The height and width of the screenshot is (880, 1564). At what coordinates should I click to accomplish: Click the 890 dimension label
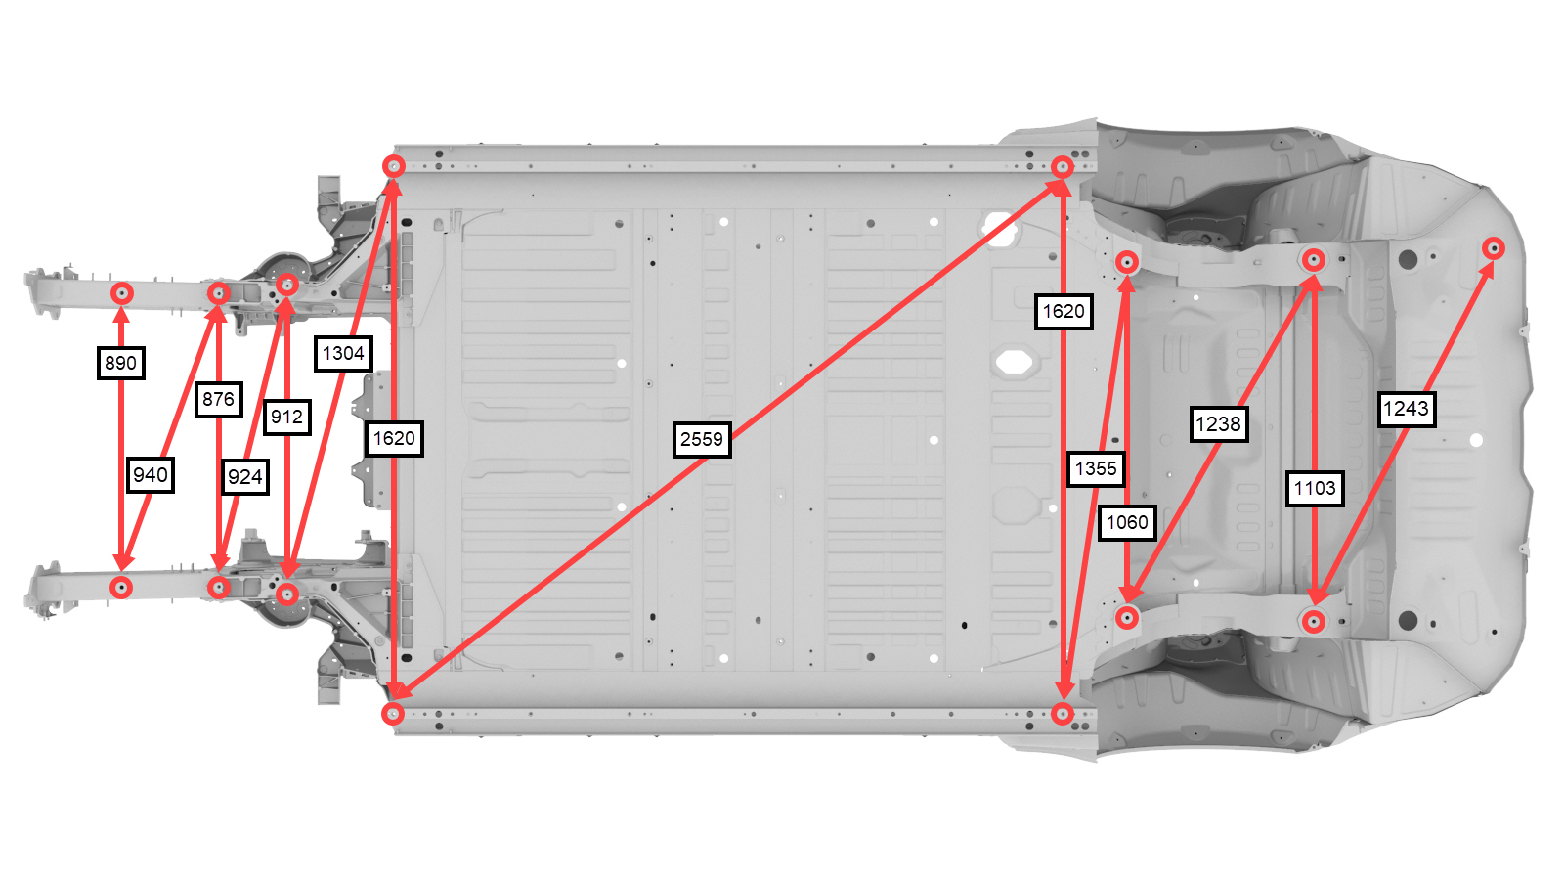pyautogui.click(x=121, y=363)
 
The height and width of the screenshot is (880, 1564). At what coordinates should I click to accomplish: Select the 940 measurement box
pyautogui.click(x=151, y=475)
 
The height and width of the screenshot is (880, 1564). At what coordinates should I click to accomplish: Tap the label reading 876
pyautogui.click(x=219, y=400)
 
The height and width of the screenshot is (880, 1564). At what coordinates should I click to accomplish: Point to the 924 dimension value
pyautogui.click(x=245, y=477)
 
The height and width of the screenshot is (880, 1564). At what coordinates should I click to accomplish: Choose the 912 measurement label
pyautogui.click(x=287, y=417)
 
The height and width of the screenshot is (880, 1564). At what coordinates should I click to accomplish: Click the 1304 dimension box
pyautogui.click(x=343, y=353)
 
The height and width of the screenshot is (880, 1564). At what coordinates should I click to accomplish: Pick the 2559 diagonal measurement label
pyautogui.click(x=702, y=439)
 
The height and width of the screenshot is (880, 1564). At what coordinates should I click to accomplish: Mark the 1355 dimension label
pyautogui.click(x=1096, y=468)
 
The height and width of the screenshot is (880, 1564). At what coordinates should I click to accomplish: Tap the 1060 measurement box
pyautogui.click(x=1127, y=522)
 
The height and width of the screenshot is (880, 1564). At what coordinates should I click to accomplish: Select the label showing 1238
pyautogui.click(x=1218, y=424)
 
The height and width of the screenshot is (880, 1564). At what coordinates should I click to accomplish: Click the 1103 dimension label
pyautogui.click(x=1315, y=488)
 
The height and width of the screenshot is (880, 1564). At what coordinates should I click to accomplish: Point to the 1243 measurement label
pyautogui.click(x=1407, y=409)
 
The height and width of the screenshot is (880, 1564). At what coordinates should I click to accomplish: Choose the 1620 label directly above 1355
pyautogui.click(x=1064, y=312)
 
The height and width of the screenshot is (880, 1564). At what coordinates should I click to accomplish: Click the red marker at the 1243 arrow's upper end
pyautogui.click(x=1494, y=248)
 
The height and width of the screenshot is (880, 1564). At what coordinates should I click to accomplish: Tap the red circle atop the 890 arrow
pyautogui.click(x=122, y=293)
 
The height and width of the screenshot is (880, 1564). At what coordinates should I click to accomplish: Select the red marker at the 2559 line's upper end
pyautogui.click(x=1062, y=167)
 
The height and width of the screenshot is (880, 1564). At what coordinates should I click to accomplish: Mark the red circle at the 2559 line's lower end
pyautogui.click(x=393, y=713)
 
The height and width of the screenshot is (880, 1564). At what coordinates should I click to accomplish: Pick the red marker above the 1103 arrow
pyautogui.click(x=1314, y=260)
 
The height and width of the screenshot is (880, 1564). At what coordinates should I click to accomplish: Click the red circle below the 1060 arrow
pyautogui.click(x=1127, y=617)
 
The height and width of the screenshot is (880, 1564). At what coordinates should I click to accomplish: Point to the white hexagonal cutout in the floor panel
pyautogui.click(x=1014, y=363)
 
